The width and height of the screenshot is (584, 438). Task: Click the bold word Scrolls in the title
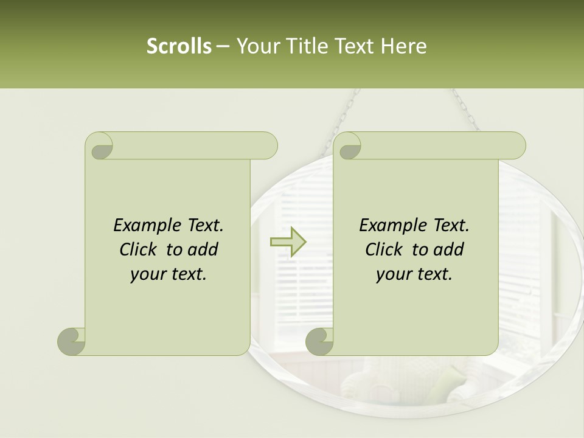point(179,46)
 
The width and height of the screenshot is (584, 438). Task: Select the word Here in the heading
point(403,46)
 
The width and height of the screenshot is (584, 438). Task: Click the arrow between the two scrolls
point(288,242)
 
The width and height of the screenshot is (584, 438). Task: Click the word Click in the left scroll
point(141,249)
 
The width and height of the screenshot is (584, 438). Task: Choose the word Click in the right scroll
point(386,249)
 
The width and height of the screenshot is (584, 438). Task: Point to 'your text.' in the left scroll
point(169,274)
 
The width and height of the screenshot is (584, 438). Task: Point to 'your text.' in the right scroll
point(414,274)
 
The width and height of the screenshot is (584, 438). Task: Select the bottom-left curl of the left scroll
point(72,341)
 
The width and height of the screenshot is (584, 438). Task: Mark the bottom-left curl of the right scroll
point(320,341)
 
